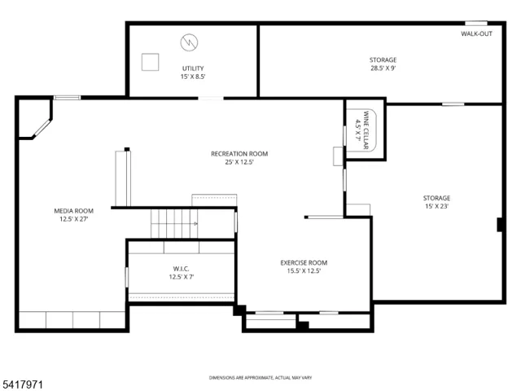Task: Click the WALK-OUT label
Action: pyautogui.click(x=476, y=33)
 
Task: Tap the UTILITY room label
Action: pyautogui.click(x=193, y=68)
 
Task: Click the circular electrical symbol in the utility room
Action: pyautogui.click(x=189, y=42)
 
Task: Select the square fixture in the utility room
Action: pyautogui.click(x=150, y=62)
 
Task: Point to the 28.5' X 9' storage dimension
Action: pyautogui.click(x=383, y=68)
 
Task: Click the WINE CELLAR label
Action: pyautogui.click(x=366, y=130)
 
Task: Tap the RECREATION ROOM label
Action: pyautogui.click(x=239, y=154)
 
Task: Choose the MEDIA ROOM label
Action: pyautogui.click(x=74, y=211)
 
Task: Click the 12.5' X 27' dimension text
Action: pyautogui.click(x=74, y=219)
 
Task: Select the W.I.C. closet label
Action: pyautogui.click(x=181, y=268)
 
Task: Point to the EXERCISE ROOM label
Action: pyautogui.click(x=304, y=262)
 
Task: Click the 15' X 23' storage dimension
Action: pyautogui.click(x=436, y=206)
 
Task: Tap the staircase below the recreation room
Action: pyautogui.click(x=174, y=223)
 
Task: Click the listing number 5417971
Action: pyautogui.click(x=22, y=384)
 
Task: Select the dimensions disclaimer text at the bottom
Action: pyautogui.click(x=260, y=378)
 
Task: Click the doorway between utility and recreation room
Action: pyautogui.click(x=211, y=98)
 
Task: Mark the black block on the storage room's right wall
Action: pyautogui.click(x=500, y=225)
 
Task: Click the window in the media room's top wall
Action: pyautogui.click(x=67, y=98)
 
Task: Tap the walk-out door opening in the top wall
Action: pyautogui.click(x=476, y=24)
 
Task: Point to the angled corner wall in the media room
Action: pyautogui.click(x=42, y=128)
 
